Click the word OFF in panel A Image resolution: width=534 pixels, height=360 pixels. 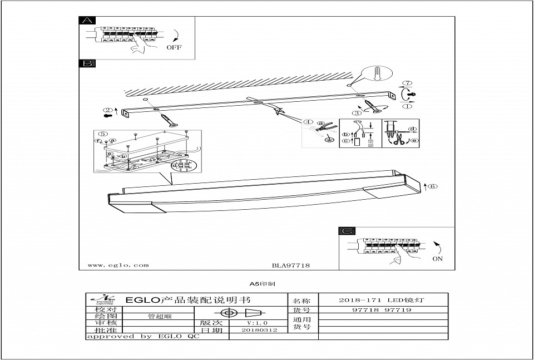(x=174, y=47)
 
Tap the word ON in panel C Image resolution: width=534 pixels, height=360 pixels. (x=437, y=259)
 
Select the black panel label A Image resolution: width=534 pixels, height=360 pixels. (x=88, y=21)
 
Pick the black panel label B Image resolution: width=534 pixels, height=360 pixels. (x=88, y=64)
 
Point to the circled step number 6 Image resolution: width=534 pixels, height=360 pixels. (x=434, y=186)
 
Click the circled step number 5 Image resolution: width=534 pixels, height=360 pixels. (x=102, y=134)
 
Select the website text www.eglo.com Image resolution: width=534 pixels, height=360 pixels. (x=118, y=265)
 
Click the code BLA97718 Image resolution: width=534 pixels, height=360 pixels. (x=290, y=265)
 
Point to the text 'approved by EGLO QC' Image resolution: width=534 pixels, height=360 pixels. (x=142, y=337)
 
